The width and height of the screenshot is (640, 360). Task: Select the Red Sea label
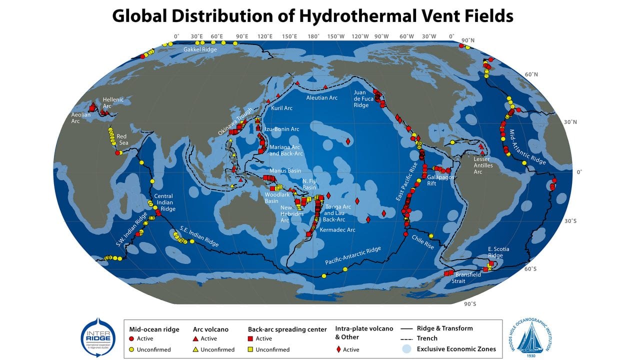122,139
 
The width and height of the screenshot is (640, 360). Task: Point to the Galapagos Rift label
438,180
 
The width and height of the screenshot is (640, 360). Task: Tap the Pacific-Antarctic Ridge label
353,255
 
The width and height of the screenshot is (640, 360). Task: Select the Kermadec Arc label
337,230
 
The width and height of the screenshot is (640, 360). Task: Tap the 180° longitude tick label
313,36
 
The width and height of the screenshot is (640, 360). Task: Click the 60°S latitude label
530,269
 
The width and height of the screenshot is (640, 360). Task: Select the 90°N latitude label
468,40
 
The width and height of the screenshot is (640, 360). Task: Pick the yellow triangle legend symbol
195,349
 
